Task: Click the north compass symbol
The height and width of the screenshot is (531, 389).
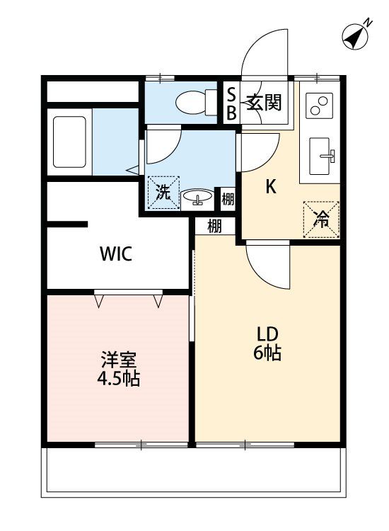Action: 356,36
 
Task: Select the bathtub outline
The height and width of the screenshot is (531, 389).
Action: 69,142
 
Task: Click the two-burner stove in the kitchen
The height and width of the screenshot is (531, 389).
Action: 319,105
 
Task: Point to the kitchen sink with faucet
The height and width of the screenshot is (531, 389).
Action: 322,156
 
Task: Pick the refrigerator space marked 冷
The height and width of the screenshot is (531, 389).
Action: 321,219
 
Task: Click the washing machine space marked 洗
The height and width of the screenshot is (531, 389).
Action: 163,193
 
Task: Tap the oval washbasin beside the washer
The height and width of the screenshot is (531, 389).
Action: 197,197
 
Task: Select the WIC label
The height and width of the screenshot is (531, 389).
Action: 116,253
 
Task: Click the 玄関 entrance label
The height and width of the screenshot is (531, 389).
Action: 264,102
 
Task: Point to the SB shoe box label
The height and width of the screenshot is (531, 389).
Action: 231,104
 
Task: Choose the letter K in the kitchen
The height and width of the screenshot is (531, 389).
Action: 271,186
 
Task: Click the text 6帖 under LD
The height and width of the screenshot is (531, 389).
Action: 267,353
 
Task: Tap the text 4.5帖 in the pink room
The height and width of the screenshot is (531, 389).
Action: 119,379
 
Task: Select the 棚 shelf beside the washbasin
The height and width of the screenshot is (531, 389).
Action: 228,199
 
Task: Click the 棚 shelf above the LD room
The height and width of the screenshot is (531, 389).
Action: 214,227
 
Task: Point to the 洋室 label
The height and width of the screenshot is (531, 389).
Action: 119,360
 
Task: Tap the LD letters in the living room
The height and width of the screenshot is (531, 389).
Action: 267,335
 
